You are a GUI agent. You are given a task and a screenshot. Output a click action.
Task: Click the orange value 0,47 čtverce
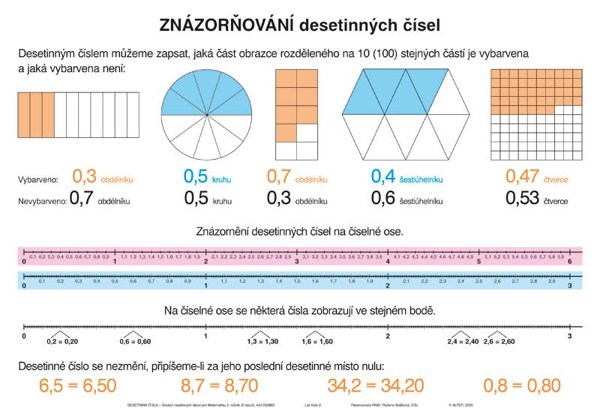[x=535, y=177]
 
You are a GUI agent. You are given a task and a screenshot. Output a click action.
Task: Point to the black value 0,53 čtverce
[x=535, y=199]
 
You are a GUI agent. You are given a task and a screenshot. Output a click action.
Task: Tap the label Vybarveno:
[x=38, y=180]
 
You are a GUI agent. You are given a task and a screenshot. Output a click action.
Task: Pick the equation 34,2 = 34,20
[x=376, y=386]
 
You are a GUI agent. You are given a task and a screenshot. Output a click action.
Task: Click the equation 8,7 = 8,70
[x=220, y=386]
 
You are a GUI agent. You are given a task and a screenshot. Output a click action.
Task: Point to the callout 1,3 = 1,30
[x=262, y=341]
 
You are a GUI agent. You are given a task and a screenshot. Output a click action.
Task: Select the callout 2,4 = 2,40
[x=463, y=341]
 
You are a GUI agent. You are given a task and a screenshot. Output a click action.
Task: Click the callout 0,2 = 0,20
[x=62, y=341]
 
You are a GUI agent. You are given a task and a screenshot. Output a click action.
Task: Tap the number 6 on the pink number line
[x=570, y=261]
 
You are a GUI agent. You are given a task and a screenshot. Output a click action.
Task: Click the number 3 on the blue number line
[x=570, y=287]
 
